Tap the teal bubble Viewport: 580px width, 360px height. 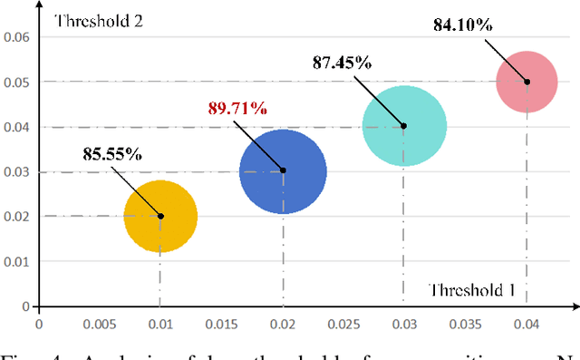pos(404,126)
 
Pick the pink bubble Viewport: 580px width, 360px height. pos(527,82)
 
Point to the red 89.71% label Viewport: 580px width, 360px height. pos(237,109)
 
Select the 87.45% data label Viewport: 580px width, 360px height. pos(343,63)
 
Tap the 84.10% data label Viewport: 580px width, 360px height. pos(462,24)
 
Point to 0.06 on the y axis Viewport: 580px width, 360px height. pos(17,37)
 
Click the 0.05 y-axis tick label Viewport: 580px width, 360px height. pos(17,82)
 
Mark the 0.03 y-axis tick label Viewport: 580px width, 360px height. pos(17,171)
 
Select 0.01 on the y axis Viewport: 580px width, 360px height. pos(17,261)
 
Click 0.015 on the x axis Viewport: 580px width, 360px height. pos(221,323)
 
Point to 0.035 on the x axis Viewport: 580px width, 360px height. pos(465,323)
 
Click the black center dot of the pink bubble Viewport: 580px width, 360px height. pos(527,82)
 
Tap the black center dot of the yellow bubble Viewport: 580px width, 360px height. pos(160,216)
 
